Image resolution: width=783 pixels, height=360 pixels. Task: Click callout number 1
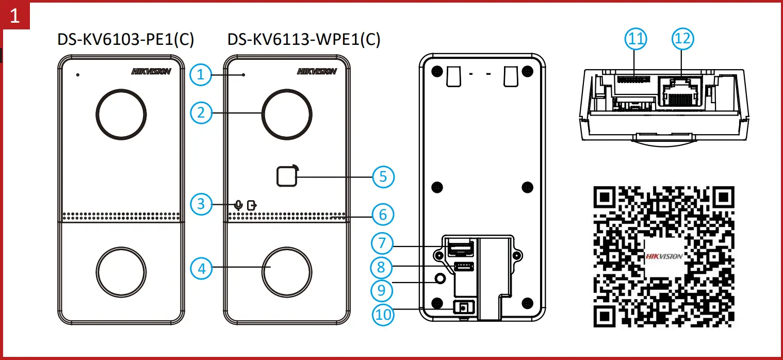pos(201,75)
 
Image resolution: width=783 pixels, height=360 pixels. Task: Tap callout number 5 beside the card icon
pos(383,176)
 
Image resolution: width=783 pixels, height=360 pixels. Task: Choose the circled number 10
pos(383,314)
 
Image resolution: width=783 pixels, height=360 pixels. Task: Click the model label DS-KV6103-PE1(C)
pos(126,40)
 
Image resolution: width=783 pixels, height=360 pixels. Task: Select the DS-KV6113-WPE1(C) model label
pos(304,40)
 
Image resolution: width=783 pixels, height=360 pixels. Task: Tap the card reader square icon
pos(287,176)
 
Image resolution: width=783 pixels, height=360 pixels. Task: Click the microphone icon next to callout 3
pos(238,204)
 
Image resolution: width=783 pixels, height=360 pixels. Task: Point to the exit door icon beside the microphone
pos(251,205)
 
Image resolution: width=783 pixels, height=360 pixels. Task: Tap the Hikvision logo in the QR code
pos(664,256)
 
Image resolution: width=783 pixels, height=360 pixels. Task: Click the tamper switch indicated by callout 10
pos(462,307)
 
